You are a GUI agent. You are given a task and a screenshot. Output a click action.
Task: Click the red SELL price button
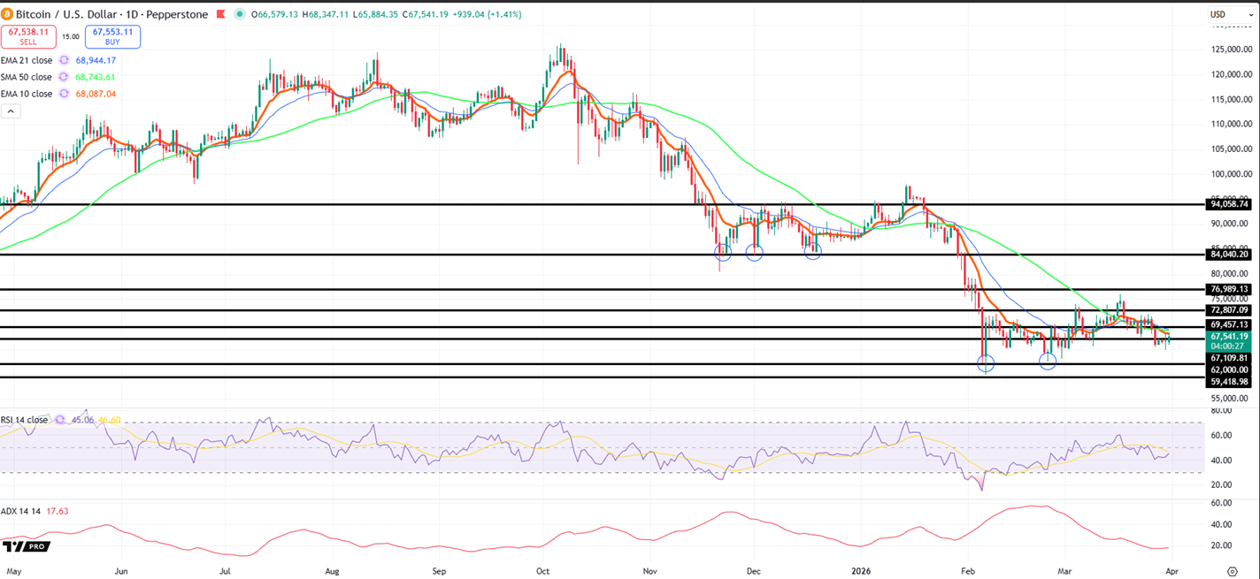tap(29, 36)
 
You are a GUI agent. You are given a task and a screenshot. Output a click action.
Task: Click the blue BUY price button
tap(112, 36)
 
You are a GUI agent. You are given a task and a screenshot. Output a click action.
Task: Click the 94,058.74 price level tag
tap(1228, 204)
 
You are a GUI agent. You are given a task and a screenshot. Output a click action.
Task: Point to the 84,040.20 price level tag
tap(1228, 255)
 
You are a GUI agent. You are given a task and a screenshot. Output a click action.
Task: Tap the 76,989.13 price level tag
tap(1228, 289)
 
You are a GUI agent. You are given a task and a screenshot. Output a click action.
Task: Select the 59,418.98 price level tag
tap(1228, 381)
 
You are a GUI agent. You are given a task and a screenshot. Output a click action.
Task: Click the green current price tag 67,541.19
tap(1228, 337)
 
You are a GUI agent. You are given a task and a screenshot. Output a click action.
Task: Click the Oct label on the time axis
tap(543, 572)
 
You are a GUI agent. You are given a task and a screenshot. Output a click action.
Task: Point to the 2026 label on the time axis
tap(861, 572)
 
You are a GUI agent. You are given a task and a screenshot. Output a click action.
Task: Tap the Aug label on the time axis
tap(333, 572)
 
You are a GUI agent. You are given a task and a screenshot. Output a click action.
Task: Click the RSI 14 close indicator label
tap(24, 420)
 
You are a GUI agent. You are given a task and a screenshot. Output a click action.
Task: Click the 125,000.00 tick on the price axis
tap(1229, 50)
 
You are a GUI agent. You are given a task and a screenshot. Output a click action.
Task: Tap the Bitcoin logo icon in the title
tap(8, 15)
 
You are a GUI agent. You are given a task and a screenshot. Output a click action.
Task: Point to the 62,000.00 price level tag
tap(1228, 369)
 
